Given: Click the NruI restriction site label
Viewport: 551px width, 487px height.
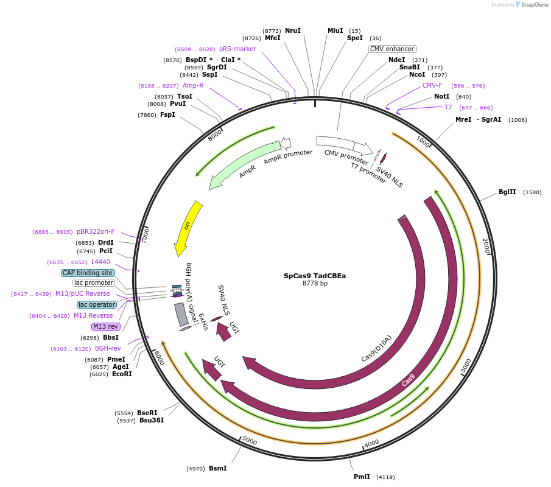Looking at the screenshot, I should tap(293, 30).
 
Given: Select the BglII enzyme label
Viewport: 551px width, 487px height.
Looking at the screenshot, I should tap(507, 192).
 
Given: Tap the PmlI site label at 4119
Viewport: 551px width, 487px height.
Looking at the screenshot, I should tap(362, 477).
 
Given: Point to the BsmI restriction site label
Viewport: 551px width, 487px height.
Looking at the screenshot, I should tap(217, 468).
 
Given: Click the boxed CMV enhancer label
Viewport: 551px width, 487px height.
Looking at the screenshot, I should tap(393, 49).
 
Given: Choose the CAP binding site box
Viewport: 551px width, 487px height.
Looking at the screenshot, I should tap(88, 273).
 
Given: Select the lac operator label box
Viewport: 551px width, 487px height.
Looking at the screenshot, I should tap(97, 304).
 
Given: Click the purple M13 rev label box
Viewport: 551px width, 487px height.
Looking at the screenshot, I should tap(106, 326).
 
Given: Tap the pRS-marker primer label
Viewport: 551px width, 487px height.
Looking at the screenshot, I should tap(237, 49).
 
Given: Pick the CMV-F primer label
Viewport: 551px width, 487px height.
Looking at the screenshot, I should tap(432, 85).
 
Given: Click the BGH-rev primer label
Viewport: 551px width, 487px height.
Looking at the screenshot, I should tap(108, 348).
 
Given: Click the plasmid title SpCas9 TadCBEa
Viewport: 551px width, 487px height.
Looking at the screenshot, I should tap(315, 276).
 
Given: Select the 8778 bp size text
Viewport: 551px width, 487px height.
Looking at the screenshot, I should tap(315, 284).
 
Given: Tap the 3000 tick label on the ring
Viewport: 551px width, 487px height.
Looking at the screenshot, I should tap(466, 366).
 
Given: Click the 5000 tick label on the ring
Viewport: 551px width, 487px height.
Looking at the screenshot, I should tap(250, 440).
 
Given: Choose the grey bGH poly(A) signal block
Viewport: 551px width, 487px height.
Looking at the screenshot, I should tap(181, 314).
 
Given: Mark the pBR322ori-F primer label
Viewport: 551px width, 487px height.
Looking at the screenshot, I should tap(96, 231).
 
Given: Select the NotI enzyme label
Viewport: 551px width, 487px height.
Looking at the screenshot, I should tap(441, 96).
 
